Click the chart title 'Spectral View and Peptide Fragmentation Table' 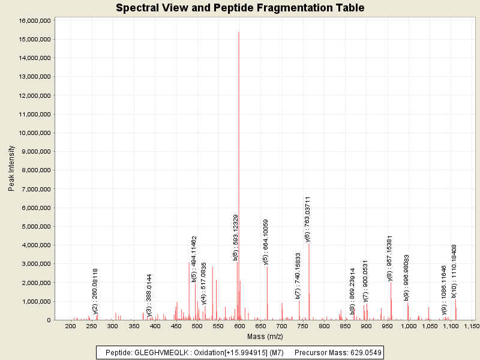[x=240, y=8]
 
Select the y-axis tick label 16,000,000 [x=35, y=20]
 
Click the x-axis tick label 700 [x=281, y=326]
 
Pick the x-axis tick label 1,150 [x=471, y=326]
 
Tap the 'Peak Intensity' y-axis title [x=11, y=170]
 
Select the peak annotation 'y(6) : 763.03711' [x=308, y=219]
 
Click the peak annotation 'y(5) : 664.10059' [x=266, y=242]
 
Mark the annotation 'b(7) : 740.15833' [x=298, y=275]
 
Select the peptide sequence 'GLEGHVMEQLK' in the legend [x=159, y=352]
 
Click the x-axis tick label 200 [x=70, y=326]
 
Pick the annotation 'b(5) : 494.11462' [x=194, y=259]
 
